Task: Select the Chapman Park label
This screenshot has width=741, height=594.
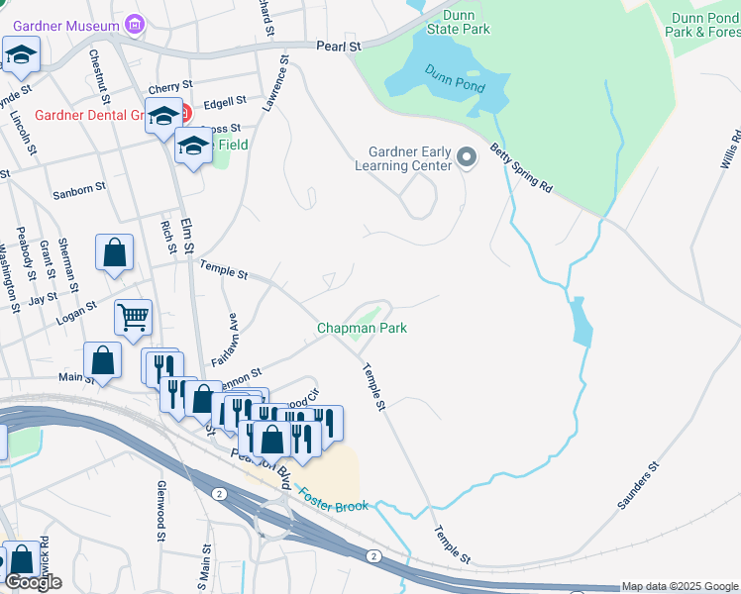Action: [x=362, y=328]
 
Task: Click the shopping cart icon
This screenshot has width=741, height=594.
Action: [x=133, y=317]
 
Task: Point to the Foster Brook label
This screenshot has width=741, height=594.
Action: [x=334, y=499]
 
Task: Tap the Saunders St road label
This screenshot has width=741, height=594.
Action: [x=638, y=485]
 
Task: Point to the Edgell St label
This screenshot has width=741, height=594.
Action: [x=224, y=102]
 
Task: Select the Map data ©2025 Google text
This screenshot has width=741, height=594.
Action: [x=680, y=586]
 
